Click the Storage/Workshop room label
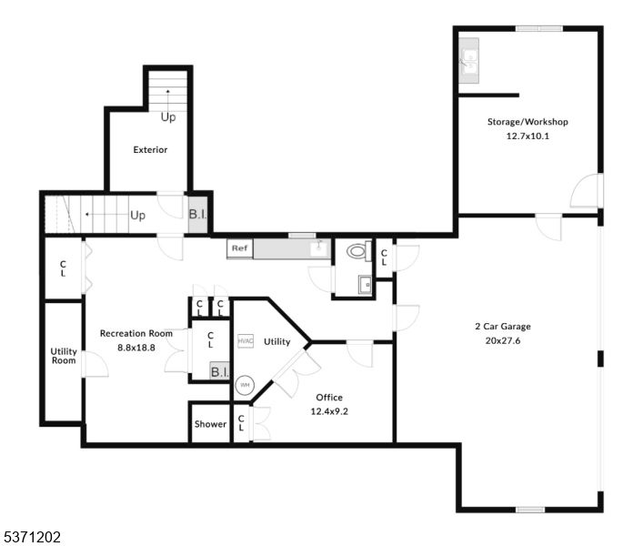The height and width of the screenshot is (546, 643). click(x=527, y=122)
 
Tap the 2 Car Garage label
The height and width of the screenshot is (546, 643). click(x=502, y=327)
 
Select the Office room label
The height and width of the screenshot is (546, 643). click(x=329, y=398)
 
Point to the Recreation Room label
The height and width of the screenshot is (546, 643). click(x=136, y=333)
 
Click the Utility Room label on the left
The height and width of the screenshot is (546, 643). click(x=64, y=356)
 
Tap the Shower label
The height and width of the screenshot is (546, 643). click(x=210, y=424)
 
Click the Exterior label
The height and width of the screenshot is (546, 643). click(x=150, y=150)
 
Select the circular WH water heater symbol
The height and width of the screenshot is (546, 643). click(x=244, y=385)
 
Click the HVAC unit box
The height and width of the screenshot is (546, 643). click(x=245, y=341)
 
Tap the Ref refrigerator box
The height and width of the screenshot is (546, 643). click(x=239, y=248)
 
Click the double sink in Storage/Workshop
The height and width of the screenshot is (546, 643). click(x=470, y=61)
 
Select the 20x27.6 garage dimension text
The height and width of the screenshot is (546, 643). click(x=503, y=341)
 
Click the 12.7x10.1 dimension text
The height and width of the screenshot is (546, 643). click(x=527, y=136)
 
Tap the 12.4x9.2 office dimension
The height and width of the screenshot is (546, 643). click(x=329, y=411)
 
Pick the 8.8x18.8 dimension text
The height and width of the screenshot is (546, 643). click(x=136, y=347)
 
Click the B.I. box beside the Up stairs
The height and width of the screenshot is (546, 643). click(x=198, y=215)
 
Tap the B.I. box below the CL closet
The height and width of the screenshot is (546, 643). click(x=219, y=372)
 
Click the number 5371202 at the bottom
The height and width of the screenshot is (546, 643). click(x=32, y=537)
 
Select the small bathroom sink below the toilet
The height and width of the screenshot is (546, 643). click(x=366, y=285)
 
